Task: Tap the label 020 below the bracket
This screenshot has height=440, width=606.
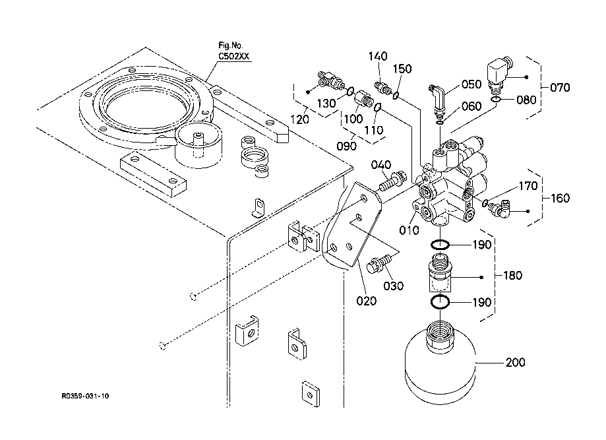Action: click(366, 301)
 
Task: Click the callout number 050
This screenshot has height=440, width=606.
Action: click(471, 84)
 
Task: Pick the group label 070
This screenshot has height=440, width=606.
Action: click(559, 87)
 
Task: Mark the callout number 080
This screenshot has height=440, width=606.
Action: click(526, 101)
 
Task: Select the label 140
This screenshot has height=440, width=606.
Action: click(378, 57)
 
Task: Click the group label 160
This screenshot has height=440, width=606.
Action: click(559, 198)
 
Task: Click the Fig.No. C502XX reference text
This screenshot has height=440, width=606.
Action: click(234, 51)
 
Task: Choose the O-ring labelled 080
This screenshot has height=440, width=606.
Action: click(499, 100)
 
